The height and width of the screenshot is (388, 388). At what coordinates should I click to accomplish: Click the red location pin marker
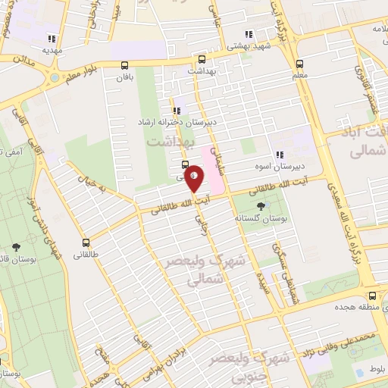(x=195, y=177)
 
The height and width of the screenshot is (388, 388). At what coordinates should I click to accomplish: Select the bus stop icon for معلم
(x=299, y=64)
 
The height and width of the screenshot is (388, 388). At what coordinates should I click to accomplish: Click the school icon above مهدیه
(x=52, y=38)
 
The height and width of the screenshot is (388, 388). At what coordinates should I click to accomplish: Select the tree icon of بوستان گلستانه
(x=262, y=205)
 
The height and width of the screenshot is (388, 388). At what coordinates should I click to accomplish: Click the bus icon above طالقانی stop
(x=86, y=243)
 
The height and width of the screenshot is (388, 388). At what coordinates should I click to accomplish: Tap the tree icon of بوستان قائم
(x=16, y=247)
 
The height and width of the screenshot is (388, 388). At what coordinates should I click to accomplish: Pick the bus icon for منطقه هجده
(x=371, y=297)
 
